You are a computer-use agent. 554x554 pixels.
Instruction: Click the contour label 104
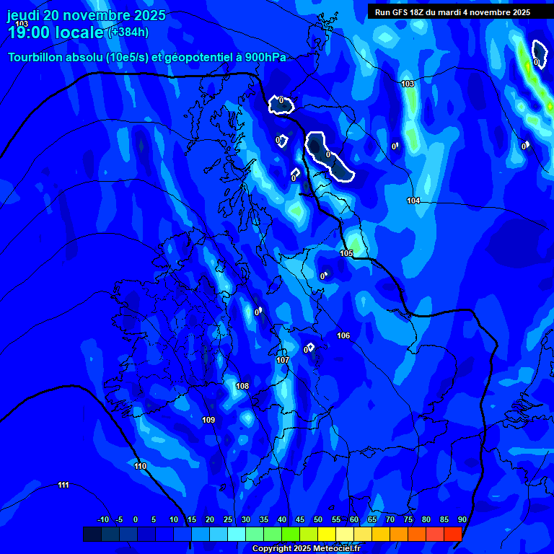click(413, 201)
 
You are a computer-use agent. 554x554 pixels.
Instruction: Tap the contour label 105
click(347, 253)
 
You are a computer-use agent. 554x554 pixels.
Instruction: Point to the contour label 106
click(343, 335)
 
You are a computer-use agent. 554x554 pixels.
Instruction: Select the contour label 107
click(283, 360)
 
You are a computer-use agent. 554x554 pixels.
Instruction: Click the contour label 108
click(242, 386)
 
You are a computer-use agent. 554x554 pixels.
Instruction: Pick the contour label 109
click(208, 420)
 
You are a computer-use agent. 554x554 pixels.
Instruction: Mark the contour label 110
click(141, 466)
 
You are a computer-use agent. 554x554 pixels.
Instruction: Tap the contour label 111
click(63, 485)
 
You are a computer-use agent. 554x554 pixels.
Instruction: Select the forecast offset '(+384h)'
click(128, 32)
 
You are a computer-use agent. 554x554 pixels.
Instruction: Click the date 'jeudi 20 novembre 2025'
click(86, 15)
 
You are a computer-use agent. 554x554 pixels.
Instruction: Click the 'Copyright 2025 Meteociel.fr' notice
click(306, 549)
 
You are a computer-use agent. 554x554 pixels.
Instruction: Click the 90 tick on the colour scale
click(462, 519)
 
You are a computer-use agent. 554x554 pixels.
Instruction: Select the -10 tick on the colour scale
click(103, 519)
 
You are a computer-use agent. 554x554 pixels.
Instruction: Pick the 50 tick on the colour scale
click(318, 519)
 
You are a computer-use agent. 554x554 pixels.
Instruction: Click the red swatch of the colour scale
click(452, 534)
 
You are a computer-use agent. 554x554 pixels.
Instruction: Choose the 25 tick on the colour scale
click(228, 519)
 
